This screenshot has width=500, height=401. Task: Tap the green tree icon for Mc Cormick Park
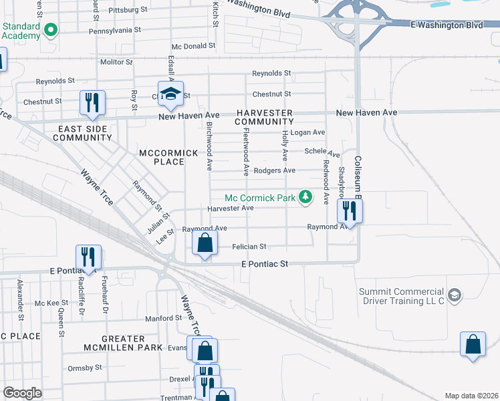tap(305, 196)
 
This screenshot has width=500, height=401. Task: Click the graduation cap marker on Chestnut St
tap(170, 93)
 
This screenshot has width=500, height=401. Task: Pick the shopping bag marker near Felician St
tap(205, 243)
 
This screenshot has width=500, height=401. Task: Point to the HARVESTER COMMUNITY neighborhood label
tap(264, 117)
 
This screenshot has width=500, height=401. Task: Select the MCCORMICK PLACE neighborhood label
tap(169, 157)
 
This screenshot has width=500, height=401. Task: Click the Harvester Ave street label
tap(231, 209)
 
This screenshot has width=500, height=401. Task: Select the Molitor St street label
tap(116, 61)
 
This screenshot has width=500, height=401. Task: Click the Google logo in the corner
tap(22, 393)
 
